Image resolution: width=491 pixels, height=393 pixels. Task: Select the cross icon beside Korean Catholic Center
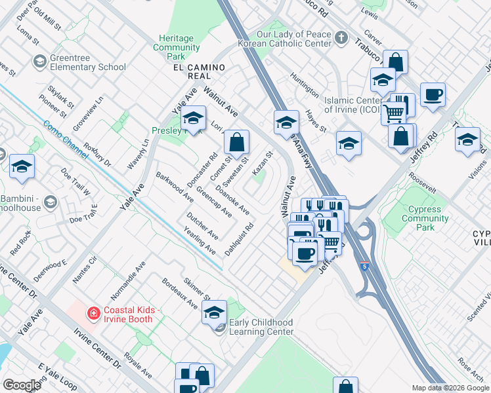(340, 38)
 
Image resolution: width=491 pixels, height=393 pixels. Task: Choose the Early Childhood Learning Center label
(261, 327)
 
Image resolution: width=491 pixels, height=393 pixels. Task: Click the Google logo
(22, 385)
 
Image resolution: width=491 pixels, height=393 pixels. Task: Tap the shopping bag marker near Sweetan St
(236, 141)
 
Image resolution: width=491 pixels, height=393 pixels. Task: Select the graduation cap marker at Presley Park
(193, 119)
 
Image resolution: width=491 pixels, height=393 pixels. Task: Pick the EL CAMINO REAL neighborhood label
(199, 72)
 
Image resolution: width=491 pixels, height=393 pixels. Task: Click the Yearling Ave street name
(200, 241)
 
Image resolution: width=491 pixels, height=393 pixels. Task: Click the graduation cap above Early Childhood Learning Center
(214, 313)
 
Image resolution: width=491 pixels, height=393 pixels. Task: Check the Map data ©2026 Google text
(450, 388)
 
